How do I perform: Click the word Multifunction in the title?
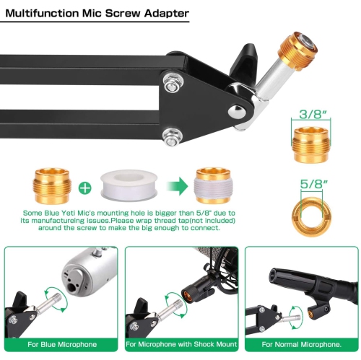[42, 13]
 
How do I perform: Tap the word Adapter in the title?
[166, 14]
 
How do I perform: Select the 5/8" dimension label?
[311, 184]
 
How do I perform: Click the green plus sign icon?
[85, 188]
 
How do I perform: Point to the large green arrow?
[178, 186]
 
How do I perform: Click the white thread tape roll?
[129, 185]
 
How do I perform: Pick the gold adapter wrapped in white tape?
[213, 186]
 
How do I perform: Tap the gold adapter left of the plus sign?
[52, 186]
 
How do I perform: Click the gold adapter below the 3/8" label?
[311, 145]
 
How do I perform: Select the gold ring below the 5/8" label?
[311, 216]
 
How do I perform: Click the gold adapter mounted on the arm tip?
[297, 51]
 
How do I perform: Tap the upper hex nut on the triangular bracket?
[172, 83]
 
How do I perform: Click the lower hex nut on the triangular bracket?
[172, 138]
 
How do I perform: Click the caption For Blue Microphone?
[62, 344]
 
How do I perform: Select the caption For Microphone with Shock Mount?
[181, 344]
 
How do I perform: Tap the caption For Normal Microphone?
[302, 344]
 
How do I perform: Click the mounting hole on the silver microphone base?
[72, 286]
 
